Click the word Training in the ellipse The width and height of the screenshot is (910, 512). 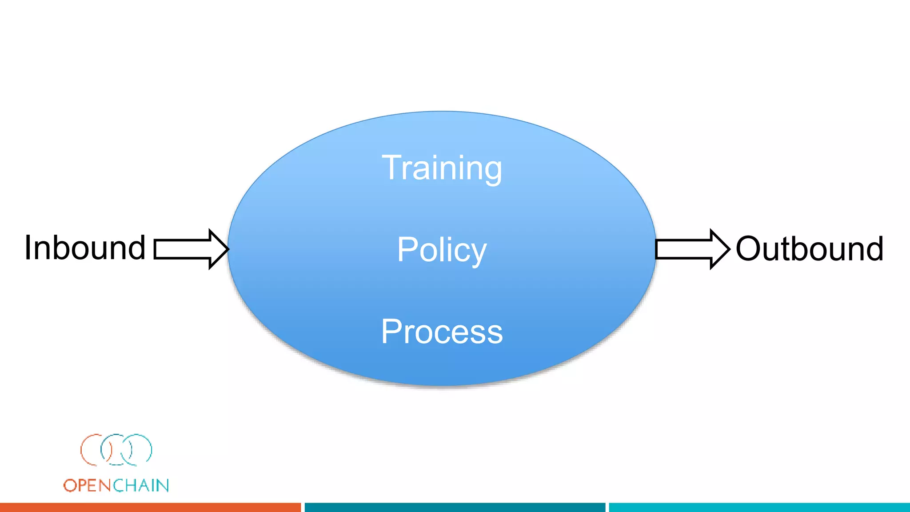coord(442,168)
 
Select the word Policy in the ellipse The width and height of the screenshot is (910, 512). coord(442,250)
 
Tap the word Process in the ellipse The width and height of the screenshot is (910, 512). coord(442,332)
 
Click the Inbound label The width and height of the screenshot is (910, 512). coord(85,248)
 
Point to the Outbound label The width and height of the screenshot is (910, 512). coord(809,248)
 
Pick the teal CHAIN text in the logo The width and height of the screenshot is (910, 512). coord(141,485)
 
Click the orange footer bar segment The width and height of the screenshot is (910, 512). coord(150,507)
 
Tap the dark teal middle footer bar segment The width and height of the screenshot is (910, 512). coord(455,507)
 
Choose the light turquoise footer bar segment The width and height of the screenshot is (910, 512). coord(759,507)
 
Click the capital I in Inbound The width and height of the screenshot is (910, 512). coord(28,248)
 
